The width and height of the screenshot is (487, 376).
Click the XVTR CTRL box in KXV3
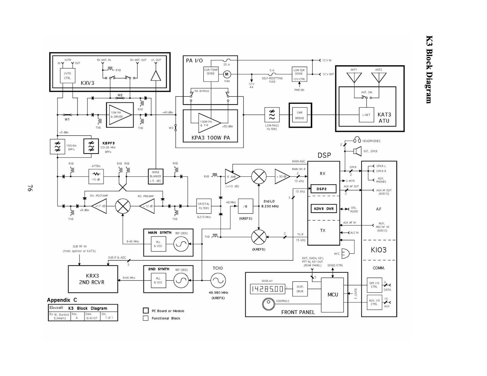(67, 76)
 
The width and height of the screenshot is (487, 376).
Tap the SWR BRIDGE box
(300, 115)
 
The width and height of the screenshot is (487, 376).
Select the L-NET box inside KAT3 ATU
(366, 115)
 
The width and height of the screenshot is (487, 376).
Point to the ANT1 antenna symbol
(354, 77)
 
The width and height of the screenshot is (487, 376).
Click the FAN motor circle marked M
(226, 74)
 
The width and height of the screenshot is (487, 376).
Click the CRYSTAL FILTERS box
(204, 206)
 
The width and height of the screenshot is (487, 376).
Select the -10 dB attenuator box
(96, 176)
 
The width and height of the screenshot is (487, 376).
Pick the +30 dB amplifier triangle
(282, 176)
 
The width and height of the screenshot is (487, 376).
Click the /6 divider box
(245, 206)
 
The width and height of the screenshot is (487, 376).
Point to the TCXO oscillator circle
(218, 280)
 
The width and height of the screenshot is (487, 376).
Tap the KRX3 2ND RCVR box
(93, 279)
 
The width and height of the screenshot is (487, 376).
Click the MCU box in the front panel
(333, 295)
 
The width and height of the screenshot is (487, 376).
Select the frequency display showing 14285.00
(267, 289)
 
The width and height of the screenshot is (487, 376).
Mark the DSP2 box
(323, 189)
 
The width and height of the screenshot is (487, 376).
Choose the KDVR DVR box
(324, 209)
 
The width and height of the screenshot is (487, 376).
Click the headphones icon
(357, 141)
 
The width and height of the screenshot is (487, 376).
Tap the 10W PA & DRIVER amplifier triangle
(120, 115)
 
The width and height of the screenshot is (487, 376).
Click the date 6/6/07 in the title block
(92, 318)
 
